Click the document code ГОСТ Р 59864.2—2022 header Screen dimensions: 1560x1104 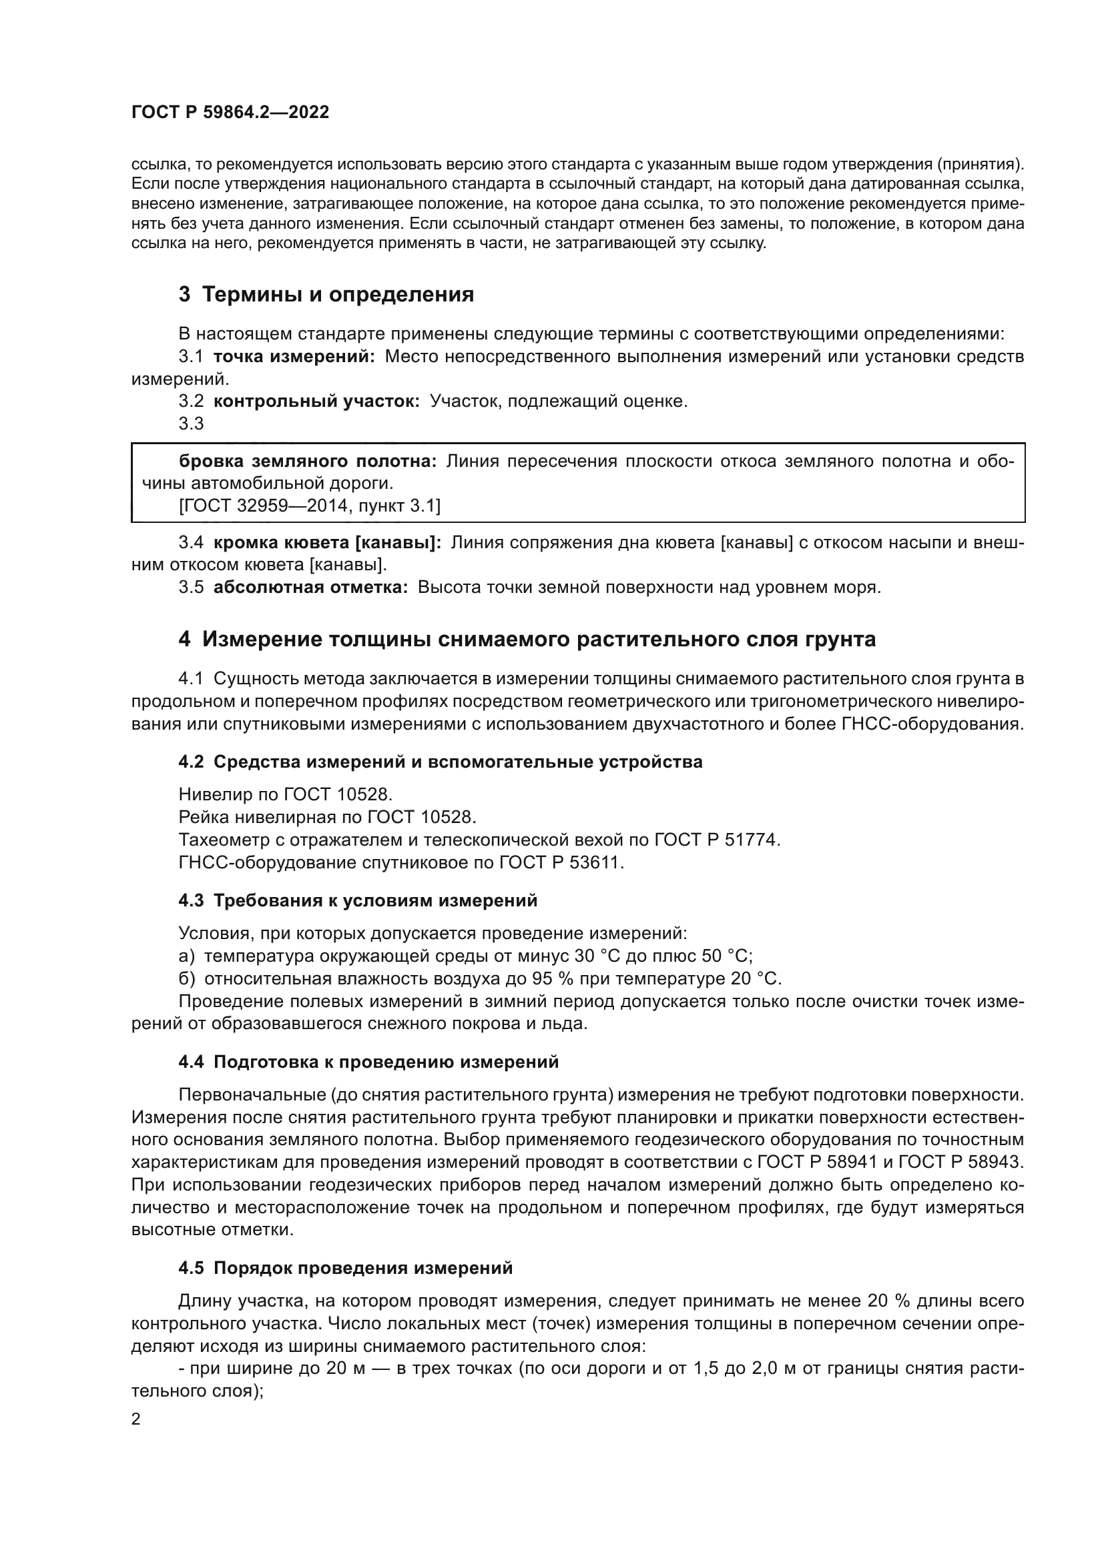[x=230, y=113]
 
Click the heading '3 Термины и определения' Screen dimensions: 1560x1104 [x=326, y=295]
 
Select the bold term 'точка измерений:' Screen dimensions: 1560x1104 [x=294, y=357]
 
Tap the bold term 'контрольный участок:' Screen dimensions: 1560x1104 [x=316, y=402]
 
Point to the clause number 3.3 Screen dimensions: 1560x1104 [x=191, y=424]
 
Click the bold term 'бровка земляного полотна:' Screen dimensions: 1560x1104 [x=308, y=462]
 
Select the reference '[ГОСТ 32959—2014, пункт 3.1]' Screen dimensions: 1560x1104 [x=309, y=506]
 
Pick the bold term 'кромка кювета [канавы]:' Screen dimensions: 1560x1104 [x=328, y=543]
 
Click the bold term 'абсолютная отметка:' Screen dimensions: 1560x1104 [x=310, y=588]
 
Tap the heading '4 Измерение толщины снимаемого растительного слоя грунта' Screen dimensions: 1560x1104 [x=527, y=640]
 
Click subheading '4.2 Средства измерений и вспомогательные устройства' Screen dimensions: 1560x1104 [x=440, y=762]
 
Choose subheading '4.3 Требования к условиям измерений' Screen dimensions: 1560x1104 [x=358, y=901]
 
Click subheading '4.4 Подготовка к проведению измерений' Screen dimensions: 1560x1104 [x=368, y=1062]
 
